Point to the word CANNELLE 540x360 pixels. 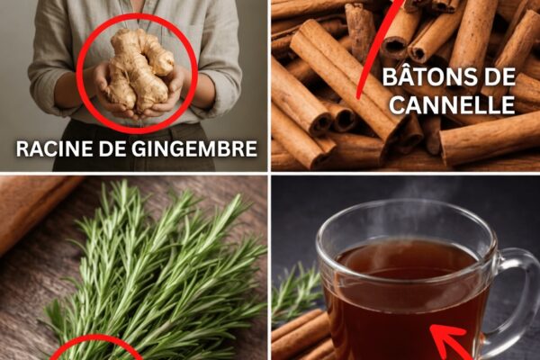pyautogui.click(x=452, y=104)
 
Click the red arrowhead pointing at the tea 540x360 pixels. pyautogui.click(x=447, y=339)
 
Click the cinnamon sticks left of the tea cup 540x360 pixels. pyautogui.click(x=301, y=336)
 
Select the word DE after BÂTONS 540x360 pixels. pyautogui.click(x=499, y=76)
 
